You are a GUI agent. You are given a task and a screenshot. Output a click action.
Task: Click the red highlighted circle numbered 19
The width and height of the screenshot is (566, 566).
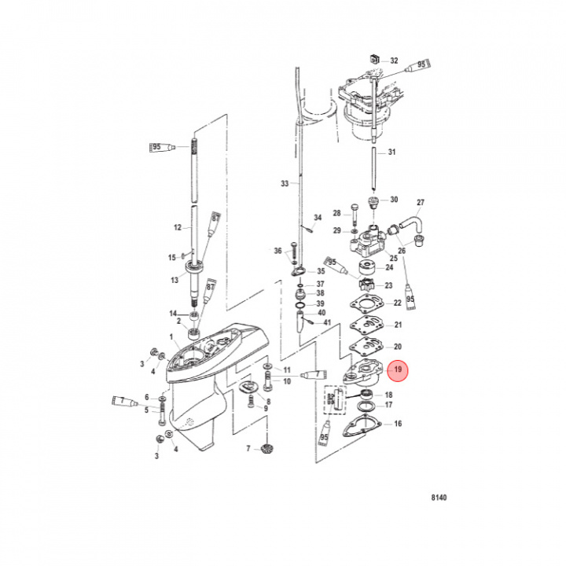[x=398, y=369]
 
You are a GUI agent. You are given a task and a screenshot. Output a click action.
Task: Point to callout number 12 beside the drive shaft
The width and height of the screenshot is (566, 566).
[x=178, y=227]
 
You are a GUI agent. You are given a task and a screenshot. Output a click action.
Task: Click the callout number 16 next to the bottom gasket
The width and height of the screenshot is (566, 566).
[x=398, y=424]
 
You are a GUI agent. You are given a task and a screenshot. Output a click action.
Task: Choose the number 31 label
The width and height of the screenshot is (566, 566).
[x=392, y=152]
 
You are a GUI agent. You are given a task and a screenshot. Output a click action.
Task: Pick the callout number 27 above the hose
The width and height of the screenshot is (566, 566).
[x=420, y=202]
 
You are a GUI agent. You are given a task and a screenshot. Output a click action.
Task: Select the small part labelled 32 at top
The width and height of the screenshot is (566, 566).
[x=375, y=61]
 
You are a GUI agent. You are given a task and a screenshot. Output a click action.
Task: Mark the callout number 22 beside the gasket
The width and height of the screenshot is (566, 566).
[x=398, y=303]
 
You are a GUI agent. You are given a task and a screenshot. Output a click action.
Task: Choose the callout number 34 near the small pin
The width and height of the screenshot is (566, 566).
[x=318, y=218]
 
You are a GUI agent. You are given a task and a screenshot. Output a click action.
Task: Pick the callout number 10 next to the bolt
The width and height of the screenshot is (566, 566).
[x=287, y=381]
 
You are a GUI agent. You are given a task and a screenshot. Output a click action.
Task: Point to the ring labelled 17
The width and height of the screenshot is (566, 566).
[x=366, y=407]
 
